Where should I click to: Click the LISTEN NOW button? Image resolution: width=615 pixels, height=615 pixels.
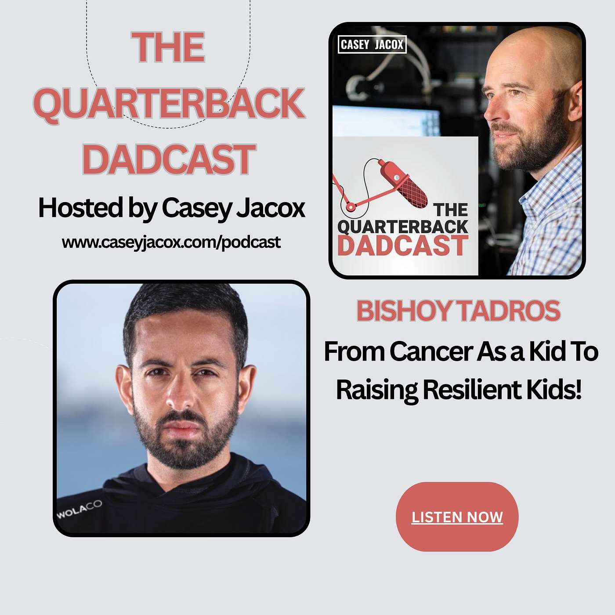[457, 517]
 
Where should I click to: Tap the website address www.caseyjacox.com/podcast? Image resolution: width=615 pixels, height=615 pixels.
[171, 242]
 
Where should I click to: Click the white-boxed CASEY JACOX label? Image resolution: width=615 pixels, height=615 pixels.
[372, 44]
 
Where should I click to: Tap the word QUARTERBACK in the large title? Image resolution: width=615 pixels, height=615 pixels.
[169, 104]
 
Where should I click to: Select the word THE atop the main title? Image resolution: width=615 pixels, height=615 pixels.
[168, 47]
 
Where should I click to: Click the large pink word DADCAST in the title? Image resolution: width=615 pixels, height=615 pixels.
[169, 159]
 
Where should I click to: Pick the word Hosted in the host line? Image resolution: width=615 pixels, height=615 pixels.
[80, 207]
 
